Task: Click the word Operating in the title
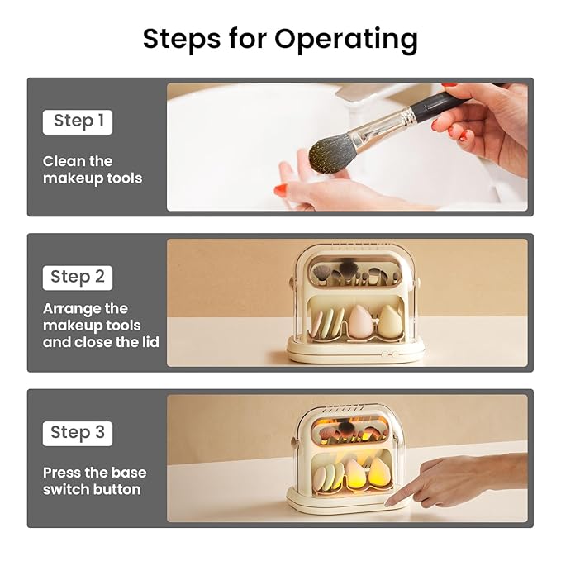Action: pyautogui.click(x=346, y=40)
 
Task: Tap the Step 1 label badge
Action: pyautogui.click(x=78, y=122)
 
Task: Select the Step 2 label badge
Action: pyautogui.click(x=78, y=278)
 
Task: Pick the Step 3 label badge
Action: pyautogui.click(x=78, y=433)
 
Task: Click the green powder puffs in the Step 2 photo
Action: pyautogui.click(x=326, y=324)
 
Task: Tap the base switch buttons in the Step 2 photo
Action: pyautogui.click(x=390, y=354)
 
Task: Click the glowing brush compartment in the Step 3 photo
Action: pyautogui.click(x=354, y=431)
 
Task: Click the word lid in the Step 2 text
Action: pyautogui.click(x=150, y=342)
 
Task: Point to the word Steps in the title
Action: pyautogui.click(x=182, y=40)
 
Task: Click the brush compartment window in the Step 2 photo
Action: pyautogui.click(x=355, y=271)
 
